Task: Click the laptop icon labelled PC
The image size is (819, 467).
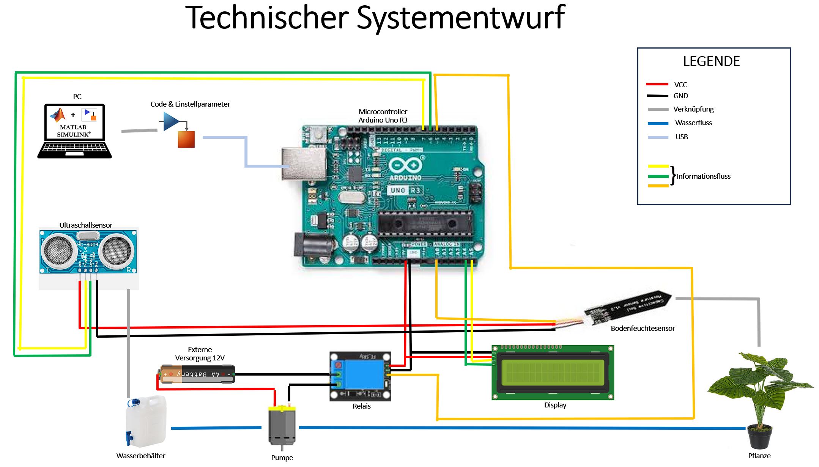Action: [x=74, y=131]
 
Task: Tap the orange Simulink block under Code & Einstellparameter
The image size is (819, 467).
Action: [x=186, y=139]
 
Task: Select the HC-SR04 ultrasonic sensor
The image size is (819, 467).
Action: [x=88, y=251]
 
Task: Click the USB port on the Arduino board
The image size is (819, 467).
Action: [x=304, y=164]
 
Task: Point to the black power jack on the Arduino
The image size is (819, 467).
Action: [x=313, y=245]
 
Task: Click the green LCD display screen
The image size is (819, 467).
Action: [x=553, y=372]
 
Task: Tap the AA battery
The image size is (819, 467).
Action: [x=197, y=374]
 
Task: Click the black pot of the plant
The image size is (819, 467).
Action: [x=759, y=439]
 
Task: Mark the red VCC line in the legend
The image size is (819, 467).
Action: [x=657, y=84]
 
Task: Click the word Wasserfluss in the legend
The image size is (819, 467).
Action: [x=693, y=123]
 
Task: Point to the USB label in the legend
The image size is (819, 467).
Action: [x=682, y=137]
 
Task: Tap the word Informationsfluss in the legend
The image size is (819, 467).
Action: [x=703, y=176]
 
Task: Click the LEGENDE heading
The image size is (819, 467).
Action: [x=711, y=61]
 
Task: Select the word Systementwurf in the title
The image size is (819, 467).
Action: [x=461, y=18]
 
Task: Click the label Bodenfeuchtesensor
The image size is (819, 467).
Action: [x=643, y=329]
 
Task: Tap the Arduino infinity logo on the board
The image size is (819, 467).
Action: [x=405, y=166]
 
